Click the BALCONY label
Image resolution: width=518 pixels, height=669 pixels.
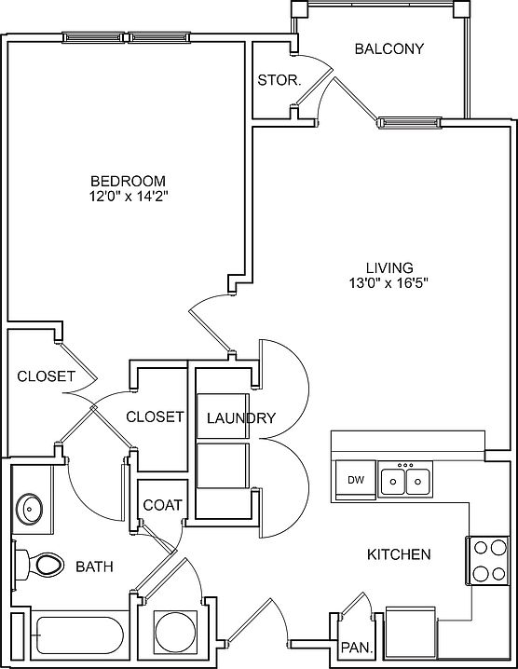[389, 48]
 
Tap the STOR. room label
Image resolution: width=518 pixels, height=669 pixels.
[279, 80]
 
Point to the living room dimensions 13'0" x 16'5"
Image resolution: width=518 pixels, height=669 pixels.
[388, 283]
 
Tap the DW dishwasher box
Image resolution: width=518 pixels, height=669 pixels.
[356, 480]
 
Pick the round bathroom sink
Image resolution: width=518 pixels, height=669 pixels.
[29, 509]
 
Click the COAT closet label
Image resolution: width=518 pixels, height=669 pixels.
[162, 505]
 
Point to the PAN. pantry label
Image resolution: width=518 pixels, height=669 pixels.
[357, 648]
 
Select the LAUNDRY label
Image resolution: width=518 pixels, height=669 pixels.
[241, 418]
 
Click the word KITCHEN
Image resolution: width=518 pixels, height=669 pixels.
[399, 554]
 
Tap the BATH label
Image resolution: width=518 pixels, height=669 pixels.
[94, 567]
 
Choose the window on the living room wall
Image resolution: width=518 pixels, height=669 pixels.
[409, 123]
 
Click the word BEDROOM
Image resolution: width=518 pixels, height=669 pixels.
[128, 181]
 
